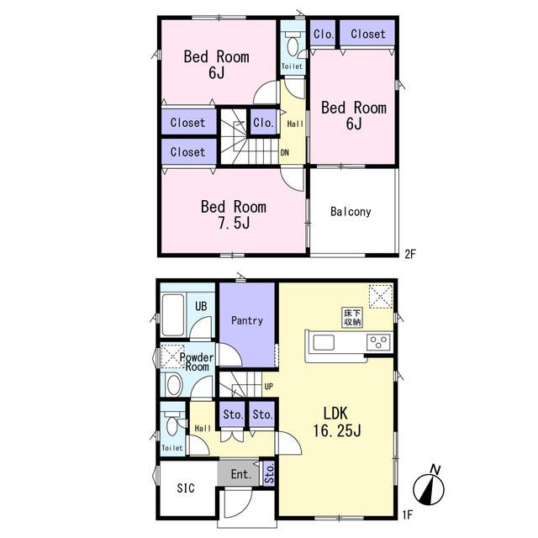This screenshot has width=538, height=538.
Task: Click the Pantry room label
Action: click(246, 321)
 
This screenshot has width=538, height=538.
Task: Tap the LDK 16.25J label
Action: click(336, 422)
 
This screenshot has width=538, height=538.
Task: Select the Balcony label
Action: click(351, 212)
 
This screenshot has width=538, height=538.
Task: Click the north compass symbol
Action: click(429, 486)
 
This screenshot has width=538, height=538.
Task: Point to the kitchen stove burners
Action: click(378, 342)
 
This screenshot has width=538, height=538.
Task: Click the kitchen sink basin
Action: click(323, 342)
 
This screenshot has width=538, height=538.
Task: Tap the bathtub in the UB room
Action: click(172, 314)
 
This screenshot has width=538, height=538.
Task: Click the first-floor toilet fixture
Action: click(172, 424)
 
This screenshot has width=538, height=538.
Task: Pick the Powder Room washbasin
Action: click(174, 385)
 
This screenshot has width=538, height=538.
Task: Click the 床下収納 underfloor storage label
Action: click(352, 318)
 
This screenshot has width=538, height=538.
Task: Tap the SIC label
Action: click(186, 488)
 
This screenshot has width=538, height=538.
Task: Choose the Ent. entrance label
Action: click(241, 474)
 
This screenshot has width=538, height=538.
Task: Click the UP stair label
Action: click(269, 387)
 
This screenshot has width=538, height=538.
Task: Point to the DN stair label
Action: click(284, 153)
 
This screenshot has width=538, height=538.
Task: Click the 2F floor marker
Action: click(410, 254)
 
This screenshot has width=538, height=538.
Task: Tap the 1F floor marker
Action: click(407, 514)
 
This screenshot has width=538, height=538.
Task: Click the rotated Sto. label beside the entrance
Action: click(269, 473)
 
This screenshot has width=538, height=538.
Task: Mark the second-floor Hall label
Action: click(295, 124)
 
